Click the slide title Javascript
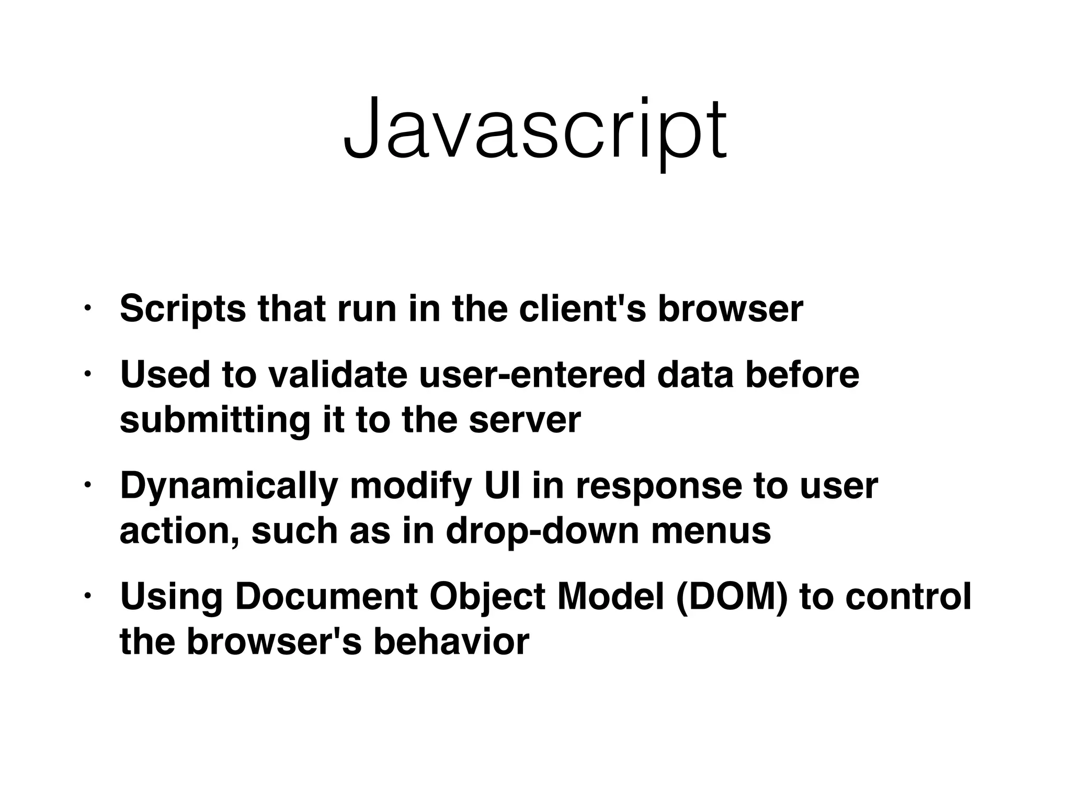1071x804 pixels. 534,130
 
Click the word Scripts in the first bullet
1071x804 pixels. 183,309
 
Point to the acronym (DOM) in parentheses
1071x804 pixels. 731,597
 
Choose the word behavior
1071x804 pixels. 451,642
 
